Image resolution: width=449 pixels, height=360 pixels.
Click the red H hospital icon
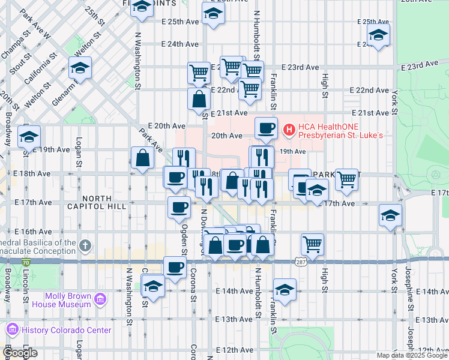pos(289,128)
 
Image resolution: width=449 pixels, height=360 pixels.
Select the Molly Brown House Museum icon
pos(100,298)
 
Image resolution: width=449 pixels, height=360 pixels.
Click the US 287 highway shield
pos(301,261)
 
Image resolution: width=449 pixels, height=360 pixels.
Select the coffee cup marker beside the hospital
pos(265,127)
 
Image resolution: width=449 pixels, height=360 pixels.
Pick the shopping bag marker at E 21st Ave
pos(199,99)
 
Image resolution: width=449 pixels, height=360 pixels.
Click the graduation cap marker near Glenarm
pos(79,68)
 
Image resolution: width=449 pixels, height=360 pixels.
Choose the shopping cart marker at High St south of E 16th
pos(313,244)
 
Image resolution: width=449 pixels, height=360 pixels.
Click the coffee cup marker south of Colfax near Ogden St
pos(175,267)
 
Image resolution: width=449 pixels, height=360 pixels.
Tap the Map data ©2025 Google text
pos(411,355)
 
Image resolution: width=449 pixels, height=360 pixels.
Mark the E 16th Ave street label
pos(33,232)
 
